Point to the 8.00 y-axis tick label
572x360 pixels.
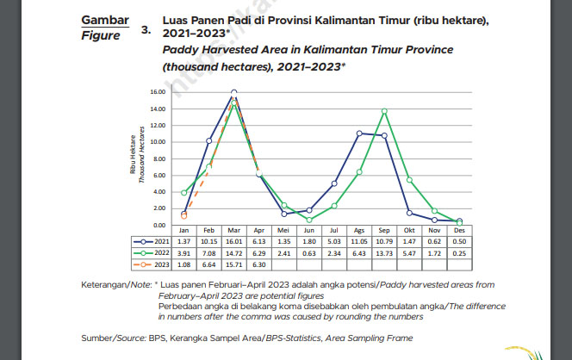click(158, 158)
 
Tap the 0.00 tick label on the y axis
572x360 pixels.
click(158, 224)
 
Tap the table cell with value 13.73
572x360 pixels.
click(384, 255)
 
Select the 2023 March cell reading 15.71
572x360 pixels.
click(234, 265)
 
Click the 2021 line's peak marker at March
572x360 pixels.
click(234, 91)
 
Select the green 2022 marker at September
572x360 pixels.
click(384, 111)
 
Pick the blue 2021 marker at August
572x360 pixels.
click(359, 133)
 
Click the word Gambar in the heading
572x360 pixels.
click(104, 20)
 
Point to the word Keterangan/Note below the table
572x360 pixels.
click(115, 283)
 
